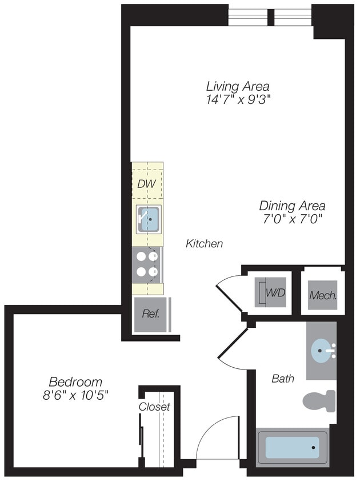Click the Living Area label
click(238, 86)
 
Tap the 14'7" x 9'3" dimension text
click(238, 99)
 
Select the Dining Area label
click(292, 206)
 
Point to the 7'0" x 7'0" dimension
click(292, 219)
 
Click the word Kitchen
click(204, 244)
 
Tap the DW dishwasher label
click(146, 184)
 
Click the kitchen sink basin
click(149, 219)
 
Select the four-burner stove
click(147, 264)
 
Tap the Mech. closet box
click(322, 295)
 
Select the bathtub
click(292, 447)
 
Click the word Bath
click(283, 379)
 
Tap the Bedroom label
click(75, 381)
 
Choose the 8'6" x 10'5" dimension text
click(75, 395)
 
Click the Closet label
click(154, 407)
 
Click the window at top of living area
click(270, 17)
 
